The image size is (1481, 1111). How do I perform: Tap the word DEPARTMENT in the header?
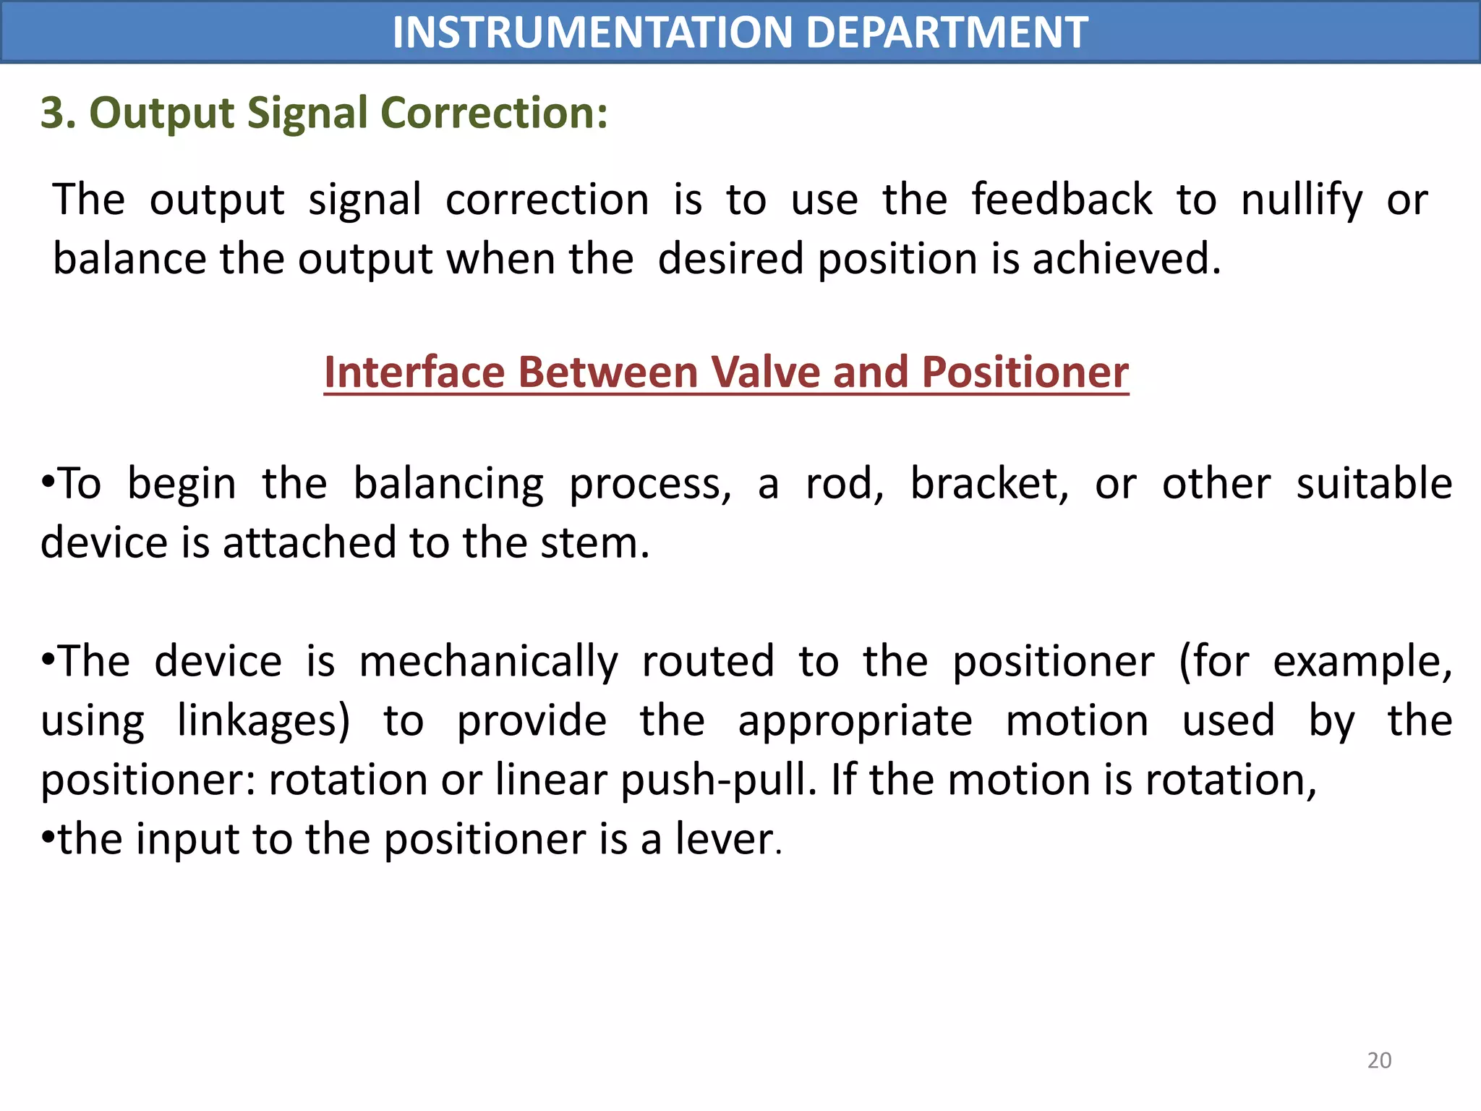pyautogui.click(x=947, y=33)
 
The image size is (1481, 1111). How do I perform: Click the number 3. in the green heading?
pyautogui.click(x=58, y=114)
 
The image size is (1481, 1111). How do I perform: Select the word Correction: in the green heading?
pyautogui.click(x=494, y=114)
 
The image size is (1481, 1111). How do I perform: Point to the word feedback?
pyautogui.click(x=1062, y=200)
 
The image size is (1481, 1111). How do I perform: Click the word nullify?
pyautogui.click(x=1302, y=201)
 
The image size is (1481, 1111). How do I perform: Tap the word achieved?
pyautogui.click(x=1126, y=259)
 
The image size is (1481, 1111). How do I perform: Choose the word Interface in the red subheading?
pyautogui.click(x=414, y=373)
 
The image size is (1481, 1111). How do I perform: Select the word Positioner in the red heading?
pyautogui.click(x=1025, y=373)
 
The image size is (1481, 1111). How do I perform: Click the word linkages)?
pyautogui.click(x=263, y=722)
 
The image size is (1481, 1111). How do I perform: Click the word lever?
pyautogui.click(x=728, y=840)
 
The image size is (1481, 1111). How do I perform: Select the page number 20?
pyautogui.click(x=1379, y=1060)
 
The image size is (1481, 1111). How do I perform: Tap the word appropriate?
pyautogui.click(x=855, y=722)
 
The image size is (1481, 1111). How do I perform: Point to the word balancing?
pyautogui.click(x=448, y=485)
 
